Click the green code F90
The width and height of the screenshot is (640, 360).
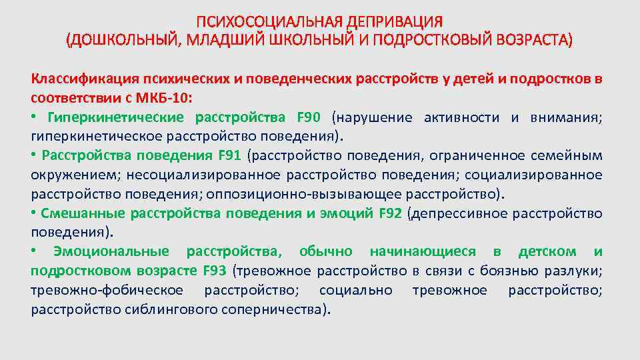tap(309, 118)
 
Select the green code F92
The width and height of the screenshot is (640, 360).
tap(391, 213)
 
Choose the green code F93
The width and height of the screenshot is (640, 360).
tap(214, 271)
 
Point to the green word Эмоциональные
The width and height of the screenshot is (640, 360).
tap(111, 252)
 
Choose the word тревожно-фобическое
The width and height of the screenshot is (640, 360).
tap(107, 291)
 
